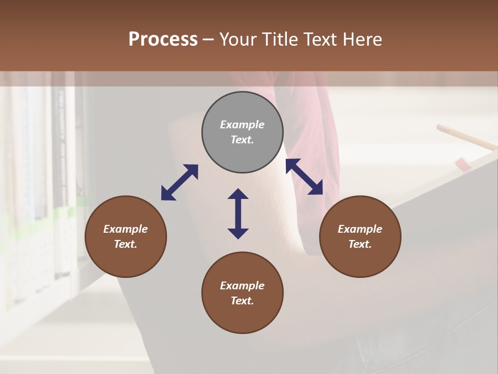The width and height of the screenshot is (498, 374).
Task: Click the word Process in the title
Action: coord(163,39)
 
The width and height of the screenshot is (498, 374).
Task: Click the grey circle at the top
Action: coord(242,132)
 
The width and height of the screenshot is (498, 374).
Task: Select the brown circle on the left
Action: coord(126,236)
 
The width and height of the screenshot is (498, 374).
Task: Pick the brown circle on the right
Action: coord(360,236)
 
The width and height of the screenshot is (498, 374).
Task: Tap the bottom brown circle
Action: coord(242,293)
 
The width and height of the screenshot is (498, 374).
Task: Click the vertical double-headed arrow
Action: coord(238,213)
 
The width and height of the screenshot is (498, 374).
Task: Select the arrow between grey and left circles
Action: coord(179,182)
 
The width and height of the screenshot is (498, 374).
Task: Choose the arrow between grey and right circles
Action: coord(305,177)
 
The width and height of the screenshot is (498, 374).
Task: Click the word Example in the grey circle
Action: coord(242,125)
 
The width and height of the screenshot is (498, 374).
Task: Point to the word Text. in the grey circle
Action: coord(242,140)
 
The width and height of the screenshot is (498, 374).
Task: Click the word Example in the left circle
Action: coord(126,229)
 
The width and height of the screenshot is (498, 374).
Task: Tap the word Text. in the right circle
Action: coord(360,244)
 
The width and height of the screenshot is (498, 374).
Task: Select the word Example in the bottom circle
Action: coord(242,286)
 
